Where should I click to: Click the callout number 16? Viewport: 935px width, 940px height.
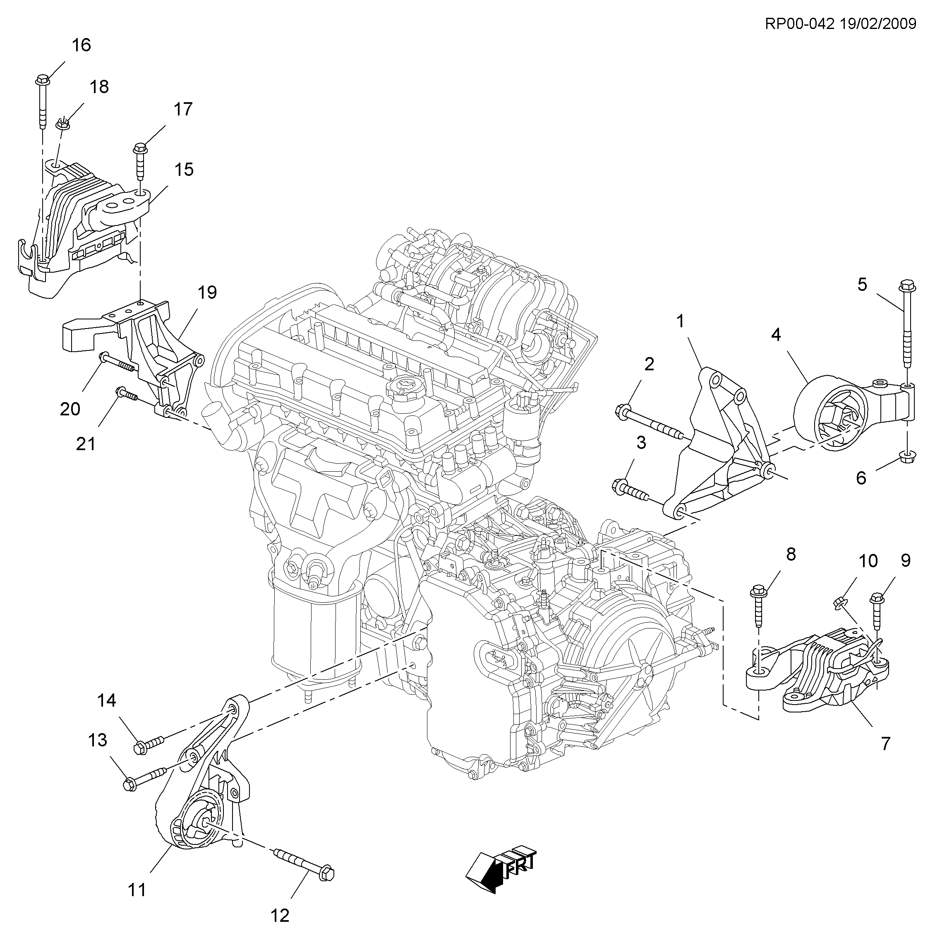point(81,45)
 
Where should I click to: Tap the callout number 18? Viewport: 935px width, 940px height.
point(99,87)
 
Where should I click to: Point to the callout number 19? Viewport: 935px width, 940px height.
point(207,293)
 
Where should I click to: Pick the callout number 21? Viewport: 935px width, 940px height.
point(86,444)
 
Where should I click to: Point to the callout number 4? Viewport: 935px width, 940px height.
point(775,335)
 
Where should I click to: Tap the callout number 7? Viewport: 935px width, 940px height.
point(885,743)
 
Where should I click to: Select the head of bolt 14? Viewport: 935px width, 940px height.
point(141,747)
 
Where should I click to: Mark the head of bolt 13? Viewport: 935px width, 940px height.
point(129,784)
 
